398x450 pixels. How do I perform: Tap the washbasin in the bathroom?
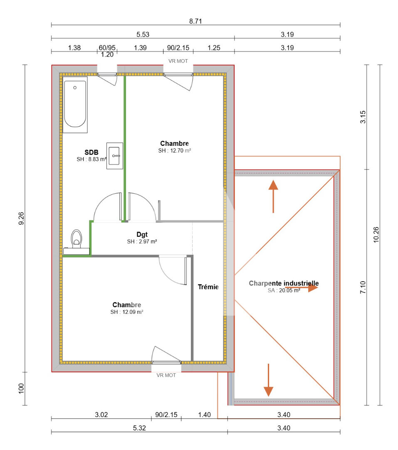point(115,156)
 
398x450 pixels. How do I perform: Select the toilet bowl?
point(77,239)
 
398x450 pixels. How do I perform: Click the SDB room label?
point(91,152)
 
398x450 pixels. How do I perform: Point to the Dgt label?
point(142,235)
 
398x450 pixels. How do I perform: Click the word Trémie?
point(208,287)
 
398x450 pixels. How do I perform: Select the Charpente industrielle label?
point(284,283)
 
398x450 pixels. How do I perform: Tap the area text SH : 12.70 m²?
point(174,150)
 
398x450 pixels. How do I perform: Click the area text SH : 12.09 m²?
point(127,312)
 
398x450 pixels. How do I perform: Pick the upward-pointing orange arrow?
point(273,196)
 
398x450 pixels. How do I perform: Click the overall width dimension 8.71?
point(195,21)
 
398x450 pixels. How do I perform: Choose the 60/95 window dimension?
point(107,47)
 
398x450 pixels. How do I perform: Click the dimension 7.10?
point(363,287)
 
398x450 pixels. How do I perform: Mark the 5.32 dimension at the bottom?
point(139,427)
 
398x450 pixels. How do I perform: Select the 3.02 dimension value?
point(101,414)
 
